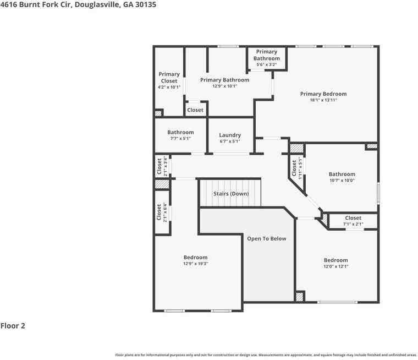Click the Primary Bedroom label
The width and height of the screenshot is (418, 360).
click(x=323, y=94)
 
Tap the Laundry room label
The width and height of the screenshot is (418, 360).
click(x=230, y=135)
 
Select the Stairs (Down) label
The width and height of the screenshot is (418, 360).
click(x=231, y=194)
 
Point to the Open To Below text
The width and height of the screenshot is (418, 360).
click(x=267, y=239)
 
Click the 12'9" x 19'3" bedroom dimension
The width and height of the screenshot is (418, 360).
click(x=195, y=264)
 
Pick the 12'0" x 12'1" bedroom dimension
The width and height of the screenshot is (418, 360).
click(x=335, y=266)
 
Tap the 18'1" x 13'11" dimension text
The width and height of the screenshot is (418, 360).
click(x=323, y=100)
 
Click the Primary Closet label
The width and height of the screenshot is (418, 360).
click(x=169, y=78)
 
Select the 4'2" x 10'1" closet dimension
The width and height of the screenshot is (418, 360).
click(x=169, y=87)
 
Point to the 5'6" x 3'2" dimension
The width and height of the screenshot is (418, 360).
click(x=266, y=64)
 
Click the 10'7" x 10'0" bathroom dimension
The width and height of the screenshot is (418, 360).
click(x=342, y=181)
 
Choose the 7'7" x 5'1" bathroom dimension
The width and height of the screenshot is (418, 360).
click(x=180, y=139)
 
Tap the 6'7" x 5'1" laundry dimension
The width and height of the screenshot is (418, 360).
click(x=230, y=141)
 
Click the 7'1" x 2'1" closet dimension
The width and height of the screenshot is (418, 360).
click(x=353, y=224)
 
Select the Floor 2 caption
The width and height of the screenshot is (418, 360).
click(x=13, y=326)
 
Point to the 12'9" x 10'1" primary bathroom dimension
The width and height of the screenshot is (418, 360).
click(x=224, y=86)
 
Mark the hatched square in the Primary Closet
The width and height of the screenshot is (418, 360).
click(x=158, y=113)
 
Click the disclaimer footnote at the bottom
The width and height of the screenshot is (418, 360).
click(x=266, y=355)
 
